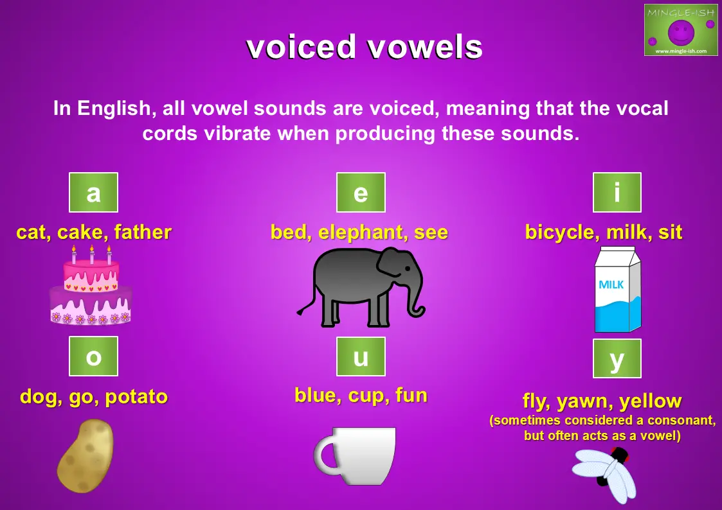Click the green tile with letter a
click(x=93, y=192)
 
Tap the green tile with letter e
click(x=361, y=192)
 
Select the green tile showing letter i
click(x=617, y=192)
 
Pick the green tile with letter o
click(x=93, y=356)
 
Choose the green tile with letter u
click(x=361, y=356)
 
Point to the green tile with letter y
click(x=617, y=358)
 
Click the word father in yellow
click(x=143, y=232)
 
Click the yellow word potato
click(x=136, y=398)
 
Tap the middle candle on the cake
click(x=92, y=254)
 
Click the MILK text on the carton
click(x=611, y=285)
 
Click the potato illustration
click(x=85, y=456)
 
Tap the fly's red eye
click(x=622, y=453)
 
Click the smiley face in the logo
click(x=681, y=31)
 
